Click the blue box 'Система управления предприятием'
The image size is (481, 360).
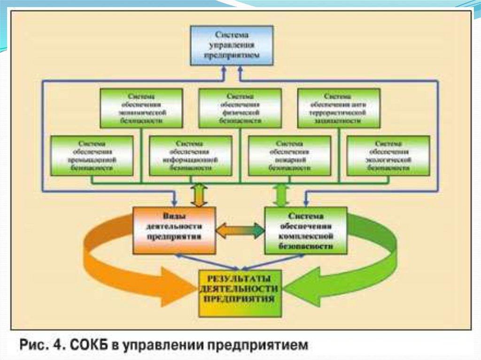click(232, 46)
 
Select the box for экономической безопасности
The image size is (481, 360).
click(141, 108)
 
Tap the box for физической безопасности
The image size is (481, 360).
click(240, 108)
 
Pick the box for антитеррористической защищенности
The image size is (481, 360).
click(339, 108)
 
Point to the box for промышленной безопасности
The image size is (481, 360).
click(92, 155)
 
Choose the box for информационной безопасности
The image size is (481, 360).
click(190, 155)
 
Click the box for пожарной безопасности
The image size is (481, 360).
click(289, 155)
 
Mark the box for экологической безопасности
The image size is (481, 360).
click(388, 155)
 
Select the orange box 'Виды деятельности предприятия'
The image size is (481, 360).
click(174, 230)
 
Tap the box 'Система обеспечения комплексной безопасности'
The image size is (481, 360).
click(306, 230)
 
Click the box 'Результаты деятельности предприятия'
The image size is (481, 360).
click(240, 293)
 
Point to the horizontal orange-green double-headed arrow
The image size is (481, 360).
click(240, 230)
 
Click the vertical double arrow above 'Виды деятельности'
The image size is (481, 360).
click(199, 195)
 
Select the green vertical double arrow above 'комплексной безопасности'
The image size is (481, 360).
click(281, 195)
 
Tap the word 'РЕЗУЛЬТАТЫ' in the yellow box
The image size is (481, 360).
click(240, 278)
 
